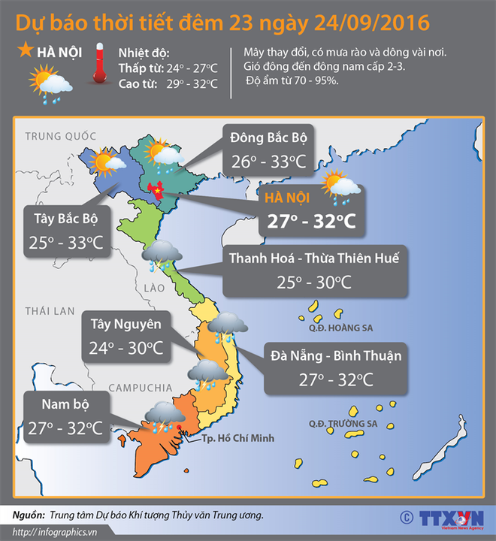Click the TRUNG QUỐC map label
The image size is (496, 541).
(x=61, y=136)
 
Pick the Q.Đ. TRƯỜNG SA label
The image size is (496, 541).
(x=346, y=424)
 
